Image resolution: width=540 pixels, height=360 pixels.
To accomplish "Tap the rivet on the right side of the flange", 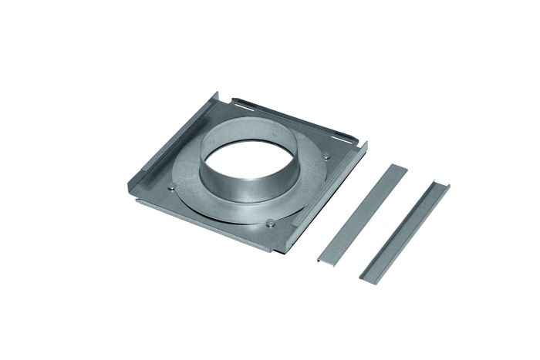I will coord(327,156).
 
